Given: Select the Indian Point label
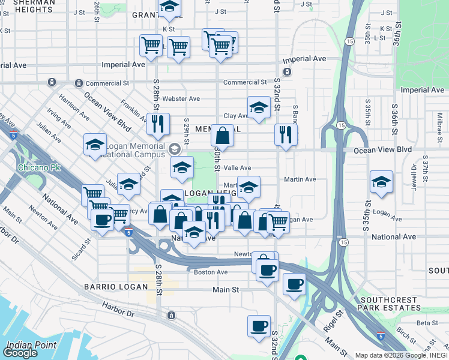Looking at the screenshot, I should tap(31, 345).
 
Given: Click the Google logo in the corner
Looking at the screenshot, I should tap(20, 353).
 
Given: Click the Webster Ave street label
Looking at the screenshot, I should tap(181, 98).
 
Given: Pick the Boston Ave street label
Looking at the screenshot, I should tap(211, 272).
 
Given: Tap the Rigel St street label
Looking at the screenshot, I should tap(334, 318).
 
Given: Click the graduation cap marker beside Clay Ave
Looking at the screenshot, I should tap(259, 108).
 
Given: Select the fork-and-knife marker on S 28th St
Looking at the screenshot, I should tap(158, 124).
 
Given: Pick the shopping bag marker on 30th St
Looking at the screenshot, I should tap(222, 136).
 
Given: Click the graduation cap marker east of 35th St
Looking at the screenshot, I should tap(381, 181).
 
